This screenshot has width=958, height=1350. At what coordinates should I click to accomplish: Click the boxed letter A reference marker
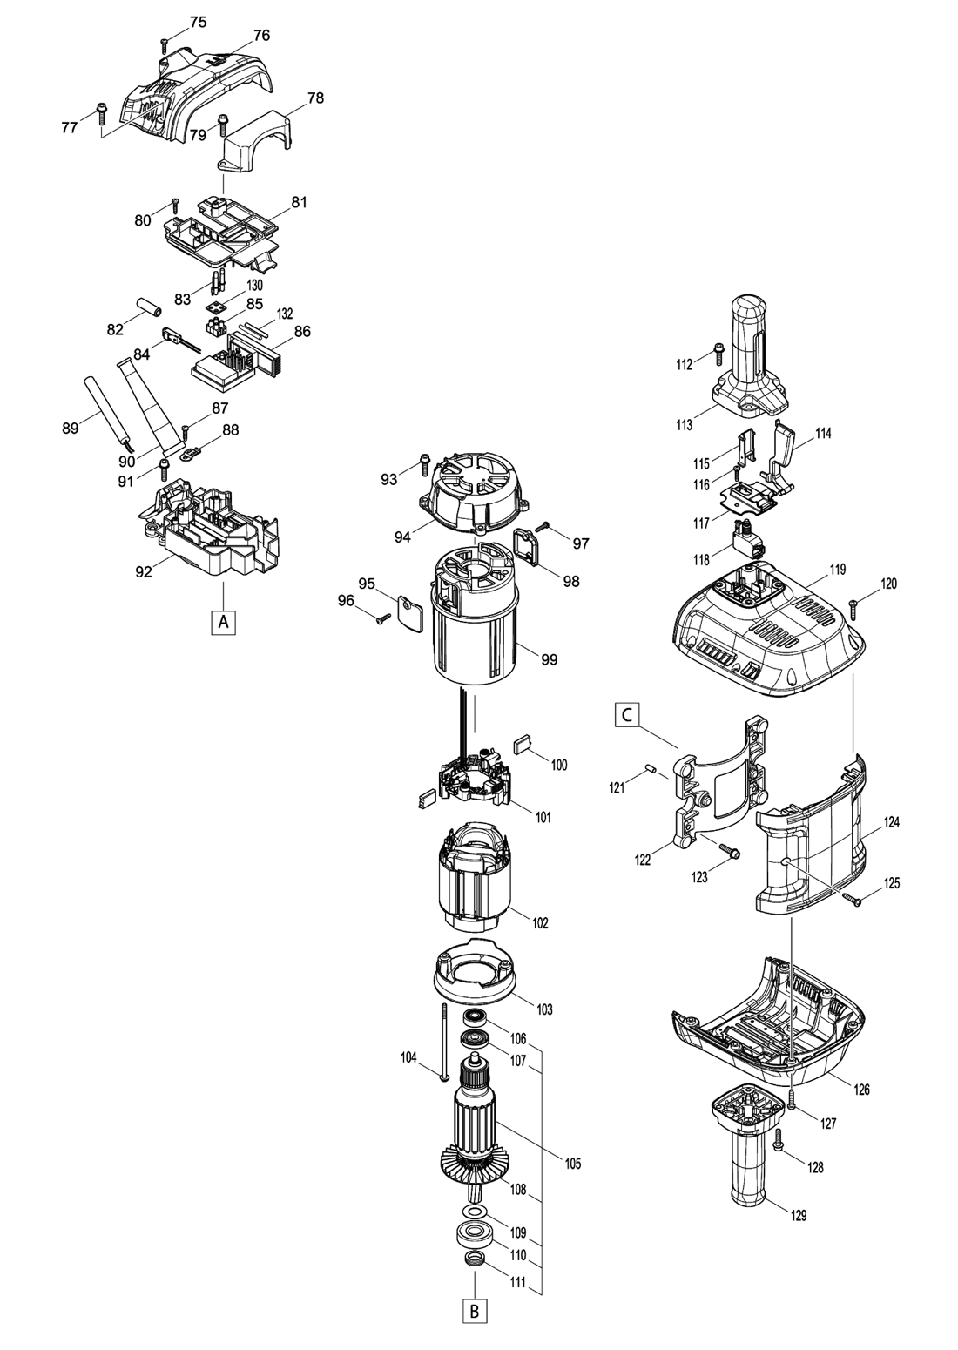224,621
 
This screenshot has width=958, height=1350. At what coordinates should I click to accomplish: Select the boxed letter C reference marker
626,715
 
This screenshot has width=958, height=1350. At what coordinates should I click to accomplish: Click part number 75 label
198,23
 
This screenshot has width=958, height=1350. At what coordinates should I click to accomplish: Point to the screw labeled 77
101,114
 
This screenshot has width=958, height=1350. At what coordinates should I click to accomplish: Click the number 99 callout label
549,659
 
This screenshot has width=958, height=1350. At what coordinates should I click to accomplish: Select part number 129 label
799,1216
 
